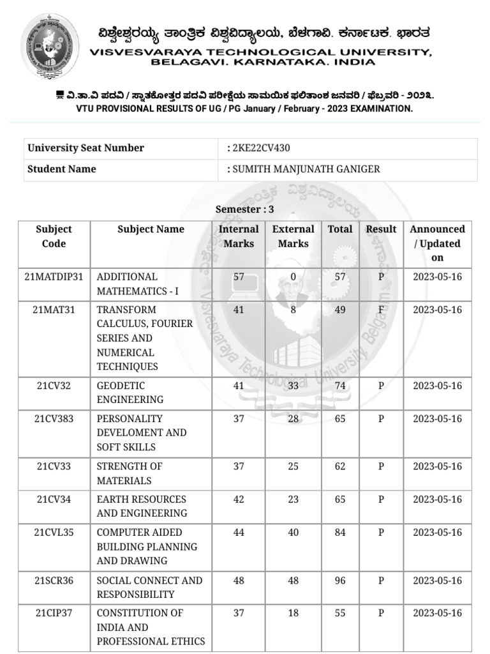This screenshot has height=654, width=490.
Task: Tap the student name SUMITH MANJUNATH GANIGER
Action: [306, 169]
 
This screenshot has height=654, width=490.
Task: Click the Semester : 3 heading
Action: [245, 209]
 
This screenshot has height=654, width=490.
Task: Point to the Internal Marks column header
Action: [239, 236]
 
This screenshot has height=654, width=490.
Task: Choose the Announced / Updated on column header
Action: [437, 243]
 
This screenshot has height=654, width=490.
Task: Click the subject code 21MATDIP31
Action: [54, 277]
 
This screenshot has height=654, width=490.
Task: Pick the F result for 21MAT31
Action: [381, 310]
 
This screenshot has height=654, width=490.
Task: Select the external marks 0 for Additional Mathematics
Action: [293, 277]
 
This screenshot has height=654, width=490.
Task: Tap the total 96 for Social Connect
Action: [340, 581]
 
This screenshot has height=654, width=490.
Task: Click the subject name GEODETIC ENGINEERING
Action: [130, 393]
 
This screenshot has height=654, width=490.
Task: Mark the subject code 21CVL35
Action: [54, 533]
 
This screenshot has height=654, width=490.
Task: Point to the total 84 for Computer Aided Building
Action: [340, 533]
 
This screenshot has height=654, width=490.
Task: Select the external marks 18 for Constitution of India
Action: [293, 613]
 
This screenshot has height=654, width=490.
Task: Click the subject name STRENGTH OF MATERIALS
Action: [130, 473]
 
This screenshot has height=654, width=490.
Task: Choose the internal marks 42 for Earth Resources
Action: [239, 499]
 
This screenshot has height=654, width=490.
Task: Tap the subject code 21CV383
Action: [54, 419]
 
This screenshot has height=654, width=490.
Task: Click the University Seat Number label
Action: [85, 148]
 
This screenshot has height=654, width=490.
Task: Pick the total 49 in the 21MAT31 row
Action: [340, 310]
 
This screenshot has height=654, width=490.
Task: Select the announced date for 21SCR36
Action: [437, 581]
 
